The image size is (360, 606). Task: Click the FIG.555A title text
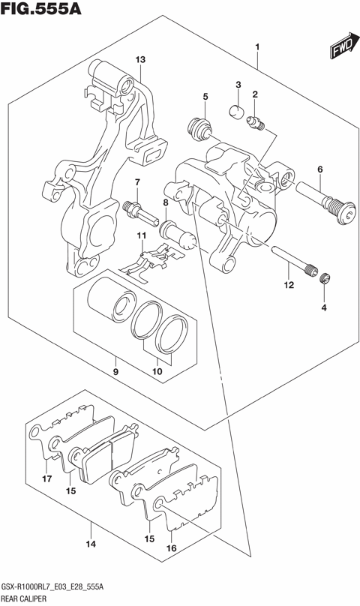click(40, 10)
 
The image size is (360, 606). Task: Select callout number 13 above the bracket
click(139, 59)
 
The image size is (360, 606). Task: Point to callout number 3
click(238, 84)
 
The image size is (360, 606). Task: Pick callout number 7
click(137, 183)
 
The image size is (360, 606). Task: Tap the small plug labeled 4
click(325, 280)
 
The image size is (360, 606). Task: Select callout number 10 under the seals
click(157, 370)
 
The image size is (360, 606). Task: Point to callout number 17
click(46, 479)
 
